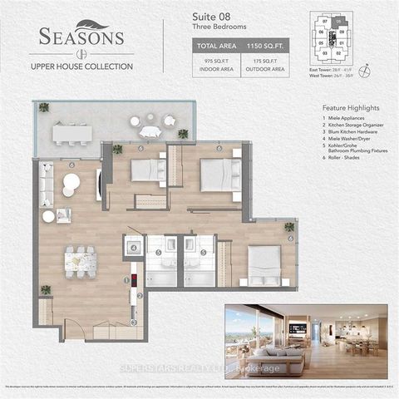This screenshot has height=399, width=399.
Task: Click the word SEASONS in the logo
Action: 81,37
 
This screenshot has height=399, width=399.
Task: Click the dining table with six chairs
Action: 81,260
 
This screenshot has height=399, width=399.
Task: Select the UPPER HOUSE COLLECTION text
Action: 81,66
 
